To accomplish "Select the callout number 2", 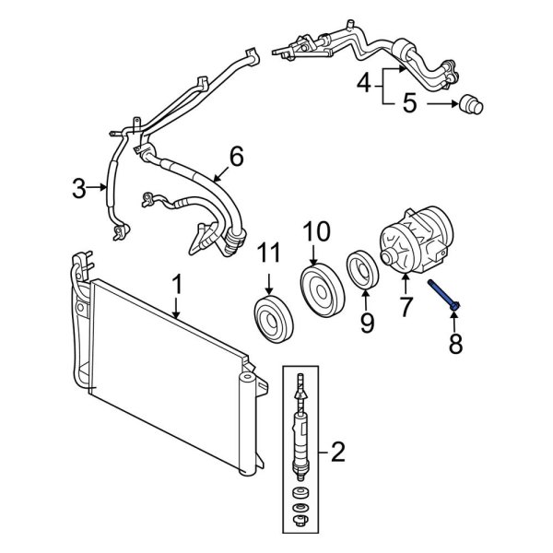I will click(x=337, y=452).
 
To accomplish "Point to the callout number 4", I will click(x=364, y=85).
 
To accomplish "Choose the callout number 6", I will click(x=236, y=157).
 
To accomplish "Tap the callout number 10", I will click(x=315, y=229).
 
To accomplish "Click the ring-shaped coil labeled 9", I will click(x=363, y=267).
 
